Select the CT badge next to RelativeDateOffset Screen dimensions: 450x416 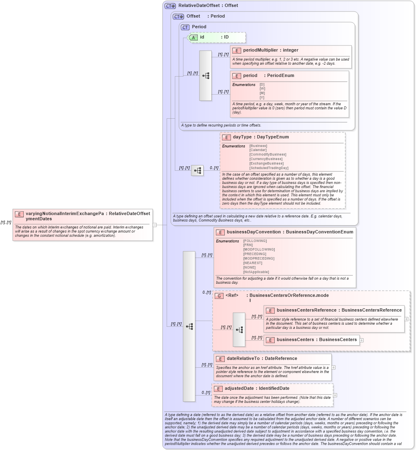170,6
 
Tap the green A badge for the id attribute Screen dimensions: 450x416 194,37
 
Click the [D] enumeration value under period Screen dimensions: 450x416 262,84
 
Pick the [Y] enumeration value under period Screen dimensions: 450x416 262,97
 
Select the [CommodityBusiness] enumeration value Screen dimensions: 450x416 268,154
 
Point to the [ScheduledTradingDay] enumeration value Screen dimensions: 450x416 269,168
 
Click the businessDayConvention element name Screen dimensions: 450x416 253,232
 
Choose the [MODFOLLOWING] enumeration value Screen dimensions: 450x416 259,249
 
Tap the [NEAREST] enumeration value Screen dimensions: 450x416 253,263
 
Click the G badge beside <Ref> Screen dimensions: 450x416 219,296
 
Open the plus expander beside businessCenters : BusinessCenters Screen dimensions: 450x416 362,340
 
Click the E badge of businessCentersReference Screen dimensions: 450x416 270,310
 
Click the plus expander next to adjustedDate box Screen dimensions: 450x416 335,395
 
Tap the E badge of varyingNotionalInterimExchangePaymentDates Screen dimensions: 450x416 19,214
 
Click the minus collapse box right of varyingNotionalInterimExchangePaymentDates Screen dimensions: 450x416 155,224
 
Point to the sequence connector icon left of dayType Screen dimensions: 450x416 197,170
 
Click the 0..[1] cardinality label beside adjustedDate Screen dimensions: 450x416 206,393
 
